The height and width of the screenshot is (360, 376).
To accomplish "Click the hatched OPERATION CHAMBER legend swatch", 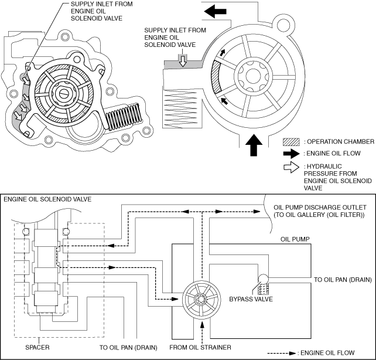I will coord(291,142).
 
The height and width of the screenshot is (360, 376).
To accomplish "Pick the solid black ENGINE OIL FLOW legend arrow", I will coord(291,155).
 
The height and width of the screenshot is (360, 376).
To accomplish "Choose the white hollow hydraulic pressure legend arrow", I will coord(291,168).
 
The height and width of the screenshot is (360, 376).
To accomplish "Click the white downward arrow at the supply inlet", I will coord(182,60).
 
